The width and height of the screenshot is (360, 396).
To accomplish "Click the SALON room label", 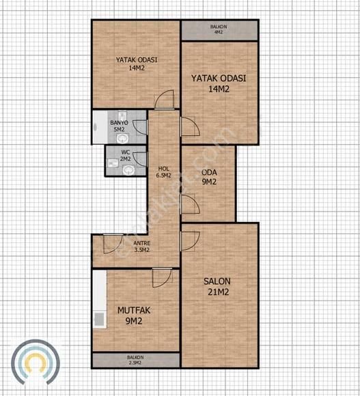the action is tap(217, 281).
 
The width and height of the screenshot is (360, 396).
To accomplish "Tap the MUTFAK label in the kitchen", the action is tap(134, 311).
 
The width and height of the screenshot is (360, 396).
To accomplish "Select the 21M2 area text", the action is tap(219, 292).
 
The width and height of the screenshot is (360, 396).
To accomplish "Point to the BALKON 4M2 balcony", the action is tap(219, 30).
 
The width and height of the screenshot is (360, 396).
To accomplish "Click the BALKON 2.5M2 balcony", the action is tap(136, 360).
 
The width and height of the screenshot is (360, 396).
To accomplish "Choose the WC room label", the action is tap(126, 152).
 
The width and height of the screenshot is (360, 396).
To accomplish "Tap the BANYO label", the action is tap(119, 123).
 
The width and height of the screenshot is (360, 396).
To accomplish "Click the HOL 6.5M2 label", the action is tap(164, 172).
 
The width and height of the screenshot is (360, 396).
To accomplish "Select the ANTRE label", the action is tap(141, 243).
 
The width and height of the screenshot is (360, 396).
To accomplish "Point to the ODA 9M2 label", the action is tap(209, 177).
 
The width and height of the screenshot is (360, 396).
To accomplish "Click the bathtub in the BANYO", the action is tap(100, 127).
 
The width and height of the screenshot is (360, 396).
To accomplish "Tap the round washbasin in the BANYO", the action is tap(122, 139).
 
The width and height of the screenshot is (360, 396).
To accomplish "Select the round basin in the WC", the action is tap(128, 170).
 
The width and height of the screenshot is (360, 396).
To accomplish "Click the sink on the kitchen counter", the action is tap(99, 320).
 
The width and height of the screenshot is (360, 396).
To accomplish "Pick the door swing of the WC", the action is tap(140, 160).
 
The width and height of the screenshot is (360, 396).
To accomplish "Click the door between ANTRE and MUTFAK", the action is tap(162, 278).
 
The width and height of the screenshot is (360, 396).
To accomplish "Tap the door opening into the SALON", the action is tap(190, 241).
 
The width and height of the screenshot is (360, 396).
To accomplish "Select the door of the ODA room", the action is tap(190, 204).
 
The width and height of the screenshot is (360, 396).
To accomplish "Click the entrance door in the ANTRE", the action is tap(113, 244).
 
